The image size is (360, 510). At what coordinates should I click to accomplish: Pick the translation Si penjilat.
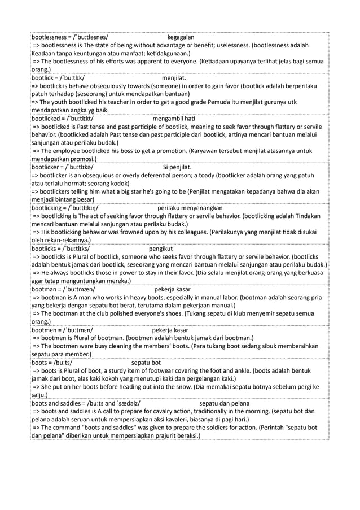(177, 167)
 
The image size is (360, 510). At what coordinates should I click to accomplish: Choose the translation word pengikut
(161, 249)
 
